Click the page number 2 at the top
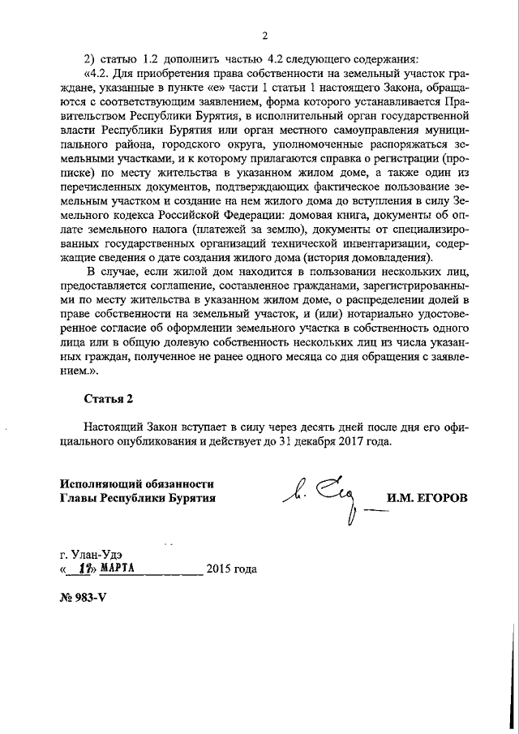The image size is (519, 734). tap(265, 36)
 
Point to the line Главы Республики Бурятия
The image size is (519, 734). tap(137, 498)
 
